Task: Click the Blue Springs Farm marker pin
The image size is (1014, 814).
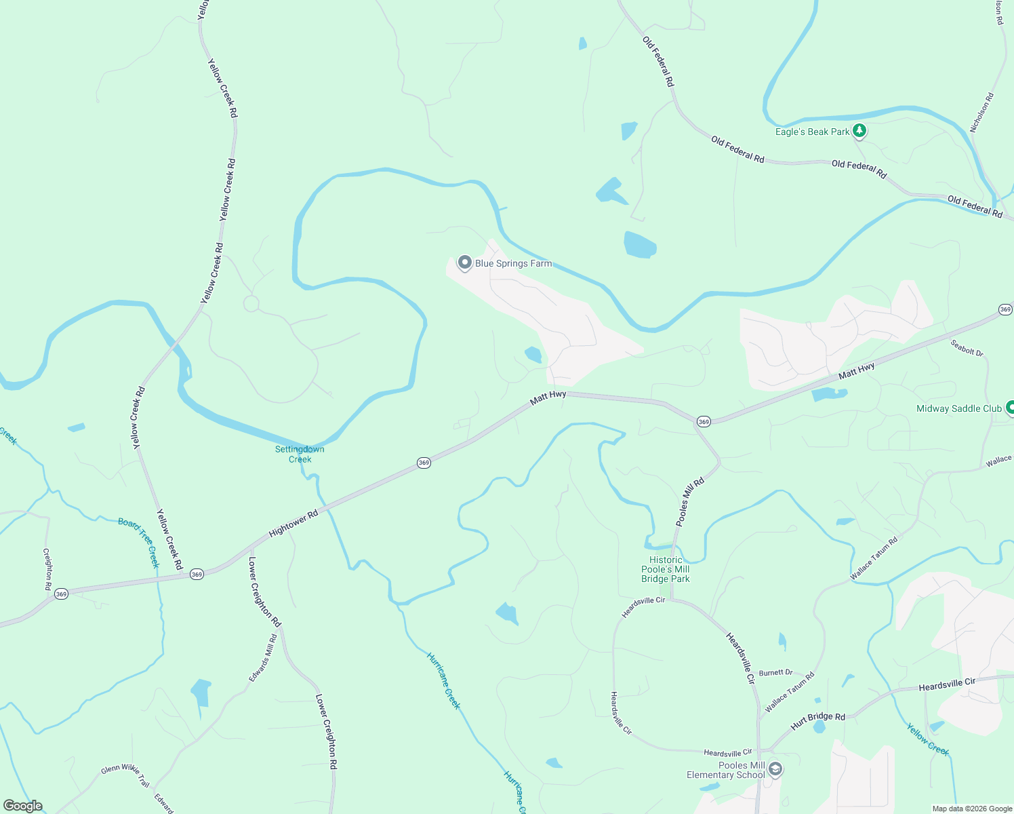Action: (464, 263)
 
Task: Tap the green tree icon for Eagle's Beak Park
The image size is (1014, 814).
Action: (859, 130)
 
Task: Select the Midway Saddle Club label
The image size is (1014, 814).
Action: (958, 408)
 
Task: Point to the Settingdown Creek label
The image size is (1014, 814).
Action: (300, 454)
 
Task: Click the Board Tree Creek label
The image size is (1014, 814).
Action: (139, 542)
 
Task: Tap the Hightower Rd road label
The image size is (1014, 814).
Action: (293, 524)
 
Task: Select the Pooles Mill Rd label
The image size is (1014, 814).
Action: (690, 502)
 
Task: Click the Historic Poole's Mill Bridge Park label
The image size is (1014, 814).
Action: (666, 569)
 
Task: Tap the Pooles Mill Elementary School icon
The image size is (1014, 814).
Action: (776, 769)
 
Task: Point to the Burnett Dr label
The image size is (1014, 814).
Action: (775, 672)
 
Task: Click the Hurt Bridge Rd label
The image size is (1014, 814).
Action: (818, 721)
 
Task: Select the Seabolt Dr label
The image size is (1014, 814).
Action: (967, 347)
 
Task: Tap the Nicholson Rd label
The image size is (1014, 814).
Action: (981, 113)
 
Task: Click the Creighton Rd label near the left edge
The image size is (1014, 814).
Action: (47, 569)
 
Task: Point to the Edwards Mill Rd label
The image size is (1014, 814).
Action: (263, 658)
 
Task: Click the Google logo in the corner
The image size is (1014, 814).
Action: (22, 806)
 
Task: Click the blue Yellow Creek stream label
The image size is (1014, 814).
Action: (928, 739)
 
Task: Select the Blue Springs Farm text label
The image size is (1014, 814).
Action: (513, 263)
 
